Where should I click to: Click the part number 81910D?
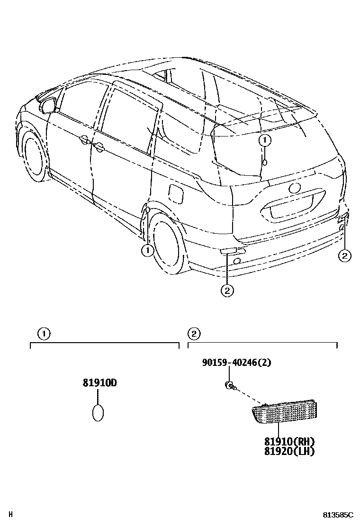(99, 382)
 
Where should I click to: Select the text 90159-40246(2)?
(236, 363)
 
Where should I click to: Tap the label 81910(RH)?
(289, 441)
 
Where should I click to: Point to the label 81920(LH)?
(289, 451)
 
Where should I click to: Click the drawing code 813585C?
(338, 515)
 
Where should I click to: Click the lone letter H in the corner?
(11, 514)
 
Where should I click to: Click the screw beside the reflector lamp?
(229, 385)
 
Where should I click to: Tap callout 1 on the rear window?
(265, 140)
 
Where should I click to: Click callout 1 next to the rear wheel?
(147, 250)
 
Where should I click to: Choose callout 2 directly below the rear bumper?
(227, 290)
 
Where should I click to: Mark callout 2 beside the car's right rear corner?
(344, 256)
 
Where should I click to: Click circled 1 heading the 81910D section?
(44, 334)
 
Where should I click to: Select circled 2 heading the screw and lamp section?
(193, 334)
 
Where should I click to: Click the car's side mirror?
(48, 104)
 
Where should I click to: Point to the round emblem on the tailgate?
(295, 188)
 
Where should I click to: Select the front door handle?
(99, 148)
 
